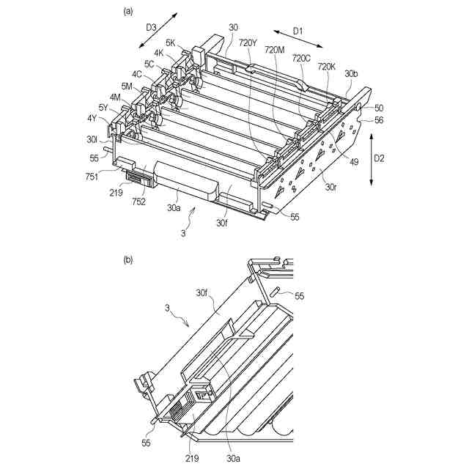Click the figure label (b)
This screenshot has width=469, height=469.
click(x=129, y=259)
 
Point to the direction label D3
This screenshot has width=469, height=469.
click(x=152, y=27)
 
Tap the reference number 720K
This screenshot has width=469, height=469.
click(x=328, y=66)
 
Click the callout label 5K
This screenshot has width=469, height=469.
click(x=171, y=43)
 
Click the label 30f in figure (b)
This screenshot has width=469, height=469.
click(x=203, y=293)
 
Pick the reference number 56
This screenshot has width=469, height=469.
click(x=380, y=120)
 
